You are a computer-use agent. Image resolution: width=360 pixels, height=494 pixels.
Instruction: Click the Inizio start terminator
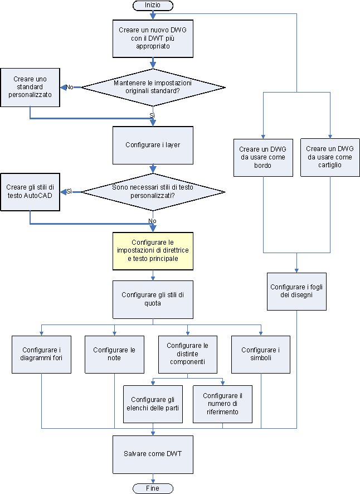153,5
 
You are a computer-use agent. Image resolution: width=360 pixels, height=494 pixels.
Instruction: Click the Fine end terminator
153,488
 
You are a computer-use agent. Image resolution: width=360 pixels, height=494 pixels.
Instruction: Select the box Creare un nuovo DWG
153,38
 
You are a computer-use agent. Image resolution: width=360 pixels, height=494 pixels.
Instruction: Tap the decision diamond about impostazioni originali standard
153,87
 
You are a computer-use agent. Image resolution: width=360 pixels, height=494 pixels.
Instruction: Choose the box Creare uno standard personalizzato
30,87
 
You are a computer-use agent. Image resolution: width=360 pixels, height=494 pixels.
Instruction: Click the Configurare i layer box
153,144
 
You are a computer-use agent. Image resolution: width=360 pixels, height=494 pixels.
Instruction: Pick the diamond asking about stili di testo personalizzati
153,192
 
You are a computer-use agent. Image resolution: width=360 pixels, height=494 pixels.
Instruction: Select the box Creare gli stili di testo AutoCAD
30,192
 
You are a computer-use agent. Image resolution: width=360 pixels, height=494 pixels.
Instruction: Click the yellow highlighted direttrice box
153,251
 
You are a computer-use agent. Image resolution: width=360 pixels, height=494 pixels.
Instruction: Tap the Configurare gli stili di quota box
153,299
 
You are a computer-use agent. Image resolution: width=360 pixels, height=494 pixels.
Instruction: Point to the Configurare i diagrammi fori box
42,354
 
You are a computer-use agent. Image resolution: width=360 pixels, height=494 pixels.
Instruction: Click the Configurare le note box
114,354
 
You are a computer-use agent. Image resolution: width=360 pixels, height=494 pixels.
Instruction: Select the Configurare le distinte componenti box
187,354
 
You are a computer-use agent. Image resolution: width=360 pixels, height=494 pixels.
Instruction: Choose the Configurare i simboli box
260,354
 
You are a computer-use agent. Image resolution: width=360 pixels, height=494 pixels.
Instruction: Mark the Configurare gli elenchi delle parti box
153,404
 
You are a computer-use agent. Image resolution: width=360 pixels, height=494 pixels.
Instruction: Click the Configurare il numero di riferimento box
222,404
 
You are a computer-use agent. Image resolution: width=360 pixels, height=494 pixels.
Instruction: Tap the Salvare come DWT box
153,453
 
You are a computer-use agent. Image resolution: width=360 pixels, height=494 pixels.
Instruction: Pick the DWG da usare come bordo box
263,157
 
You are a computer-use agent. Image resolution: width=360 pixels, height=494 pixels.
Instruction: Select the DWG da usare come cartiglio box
330,157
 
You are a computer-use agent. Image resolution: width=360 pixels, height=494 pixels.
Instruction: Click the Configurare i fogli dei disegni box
296,291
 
